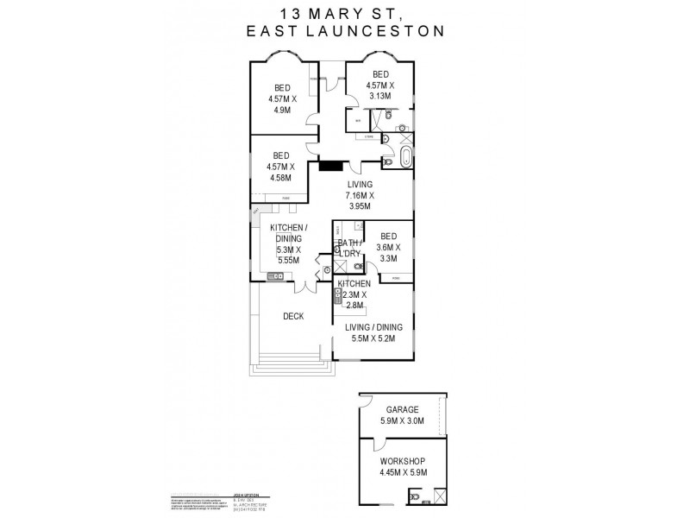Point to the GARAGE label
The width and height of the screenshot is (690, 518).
pos(403,411)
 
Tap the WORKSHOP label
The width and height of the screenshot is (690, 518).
pos(403,459)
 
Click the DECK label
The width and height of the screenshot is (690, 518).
pos(292,316)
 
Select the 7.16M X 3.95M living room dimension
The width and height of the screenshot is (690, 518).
pos(360,201)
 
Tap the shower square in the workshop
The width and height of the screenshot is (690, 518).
pos(438,495)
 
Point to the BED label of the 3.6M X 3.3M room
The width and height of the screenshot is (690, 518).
pos(388,237)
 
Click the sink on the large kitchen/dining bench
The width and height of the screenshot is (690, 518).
pos(275,276)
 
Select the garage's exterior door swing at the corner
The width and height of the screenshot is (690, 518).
pos(367,404)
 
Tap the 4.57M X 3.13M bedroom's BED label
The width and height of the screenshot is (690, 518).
pos(379,75)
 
